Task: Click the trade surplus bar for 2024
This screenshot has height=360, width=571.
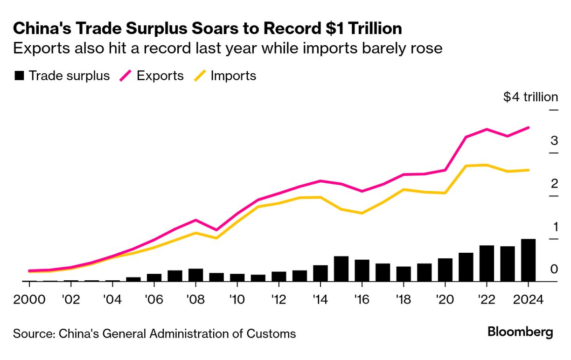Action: click(528, 260)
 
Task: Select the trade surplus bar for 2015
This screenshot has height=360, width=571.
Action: click(341, 269)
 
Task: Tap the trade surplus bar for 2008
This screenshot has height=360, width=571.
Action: click(195, 275)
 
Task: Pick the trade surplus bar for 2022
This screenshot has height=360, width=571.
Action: click(487, 263)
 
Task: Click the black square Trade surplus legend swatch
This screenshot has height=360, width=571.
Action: click(19, 76)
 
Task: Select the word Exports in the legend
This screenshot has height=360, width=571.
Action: click(160, 76)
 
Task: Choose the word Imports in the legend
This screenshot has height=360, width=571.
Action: click(233, 76)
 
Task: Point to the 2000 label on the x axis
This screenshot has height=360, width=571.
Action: click(29, 299)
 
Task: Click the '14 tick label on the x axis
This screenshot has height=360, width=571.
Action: click(320, 299)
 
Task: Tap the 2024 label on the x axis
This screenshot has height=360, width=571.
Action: click(528, 299)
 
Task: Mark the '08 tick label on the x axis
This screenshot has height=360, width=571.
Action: click(195, 299)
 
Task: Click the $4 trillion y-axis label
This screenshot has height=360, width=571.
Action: click(530, 97)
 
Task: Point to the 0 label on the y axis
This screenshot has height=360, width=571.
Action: click(554, 269)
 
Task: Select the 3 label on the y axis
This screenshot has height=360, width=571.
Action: click(554, 140)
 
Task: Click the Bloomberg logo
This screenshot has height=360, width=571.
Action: click(520, 332)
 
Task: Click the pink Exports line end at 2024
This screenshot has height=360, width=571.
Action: click(528, 127)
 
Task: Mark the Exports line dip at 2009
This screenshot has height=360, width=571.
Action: click(216, 230)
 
